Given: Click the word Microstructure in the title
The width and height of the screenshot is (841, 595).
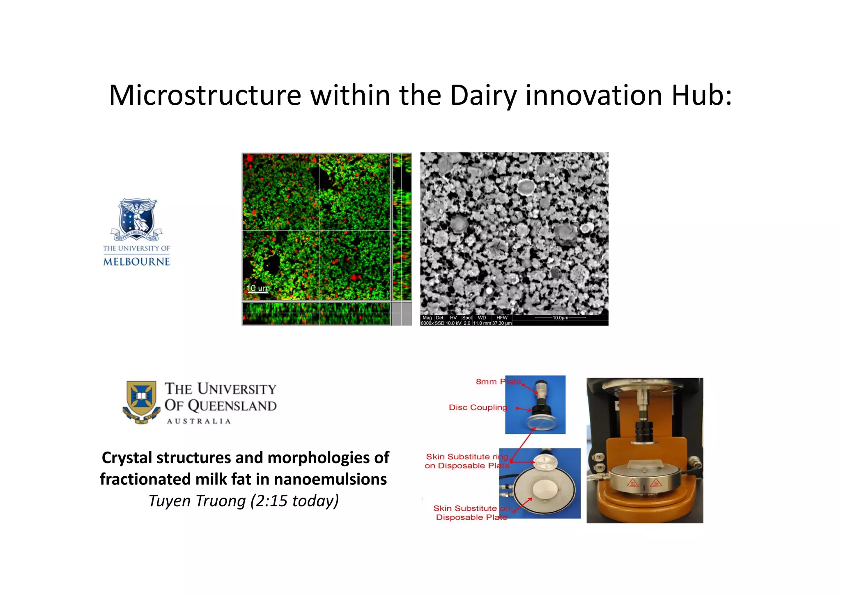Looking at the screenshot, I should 205,95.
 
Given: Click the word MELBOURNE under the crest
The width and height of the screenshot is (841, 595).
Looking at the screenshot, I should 136,262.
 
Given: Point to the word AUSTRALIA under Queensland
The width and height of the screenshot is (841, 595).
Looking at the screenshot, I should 199,421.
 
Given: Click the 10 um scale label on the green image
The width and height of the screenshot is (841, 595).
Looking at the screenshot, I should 258,288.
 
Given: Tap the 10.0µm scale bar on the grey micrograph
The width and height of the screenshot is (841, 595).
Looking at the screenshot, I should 560,318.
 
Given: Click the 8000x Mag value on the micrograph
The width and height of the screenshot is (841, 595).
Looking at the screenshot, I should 427,323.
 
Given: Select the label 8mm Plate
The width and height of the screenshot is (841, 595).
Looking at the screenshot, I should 498,382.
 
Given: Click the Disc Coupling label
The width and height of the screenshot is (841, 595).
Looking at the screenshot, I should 478,408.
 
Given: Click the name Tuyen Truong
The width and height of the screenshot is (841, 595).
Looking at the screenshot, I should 197,501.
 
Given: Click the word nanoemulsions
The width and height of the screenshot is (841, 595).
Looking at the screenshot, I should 330,479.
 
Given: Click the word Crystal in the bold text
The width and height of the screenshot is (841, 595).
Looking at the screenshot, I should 127,458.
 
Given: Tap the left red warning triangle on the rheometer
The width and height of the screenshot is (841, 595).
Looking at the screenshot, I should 633,483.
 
